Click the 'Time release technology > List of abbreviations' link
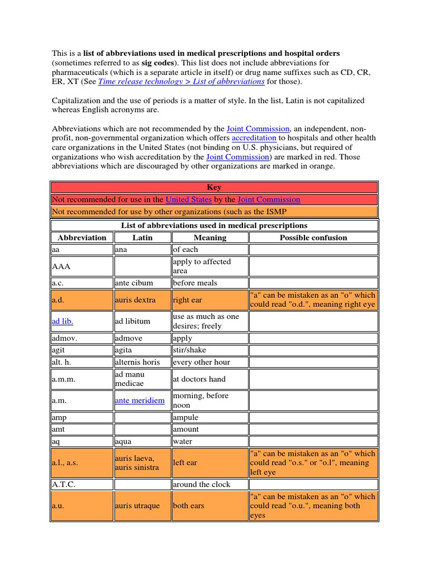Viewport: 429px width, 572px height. point(181,82)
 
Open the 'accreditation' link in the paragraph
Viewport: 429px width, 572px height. point(254,138)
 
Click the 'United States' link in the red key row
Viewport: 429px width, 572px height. point(188,199)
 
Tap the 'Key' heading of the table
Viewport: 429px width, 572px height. point(214,188)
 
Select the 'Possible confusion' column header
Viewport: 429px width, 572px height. point(313,237)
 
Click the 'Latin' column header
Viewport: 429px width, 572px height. point(142,237)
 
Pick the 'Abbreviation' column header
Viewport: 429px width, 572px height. point(82,237)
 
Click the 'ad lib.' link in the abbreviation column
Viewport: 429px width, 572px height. point(62,321)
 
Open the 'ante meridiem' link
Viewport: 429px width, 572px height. point(140,401)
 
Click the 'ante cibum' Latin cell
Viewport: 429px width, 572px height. point(134,283)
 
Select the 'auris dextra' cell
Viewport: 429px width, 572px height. point(135,300)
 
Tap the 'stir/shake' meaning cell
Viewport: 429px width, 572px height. point(190,350)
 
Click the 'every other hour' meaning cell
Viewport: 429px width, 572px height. point(202,362)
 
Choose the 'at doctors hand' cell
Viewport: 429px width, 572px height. point(199,379)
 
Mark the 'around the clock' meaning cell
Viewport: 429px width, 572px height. point(202,484)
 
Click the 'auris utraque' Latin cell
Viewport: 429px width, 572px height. point(137,506)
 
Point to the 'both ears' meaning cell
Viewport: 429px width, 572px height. point(189,506)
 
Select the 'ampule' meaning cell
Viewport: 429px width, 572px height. point(186,418)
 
